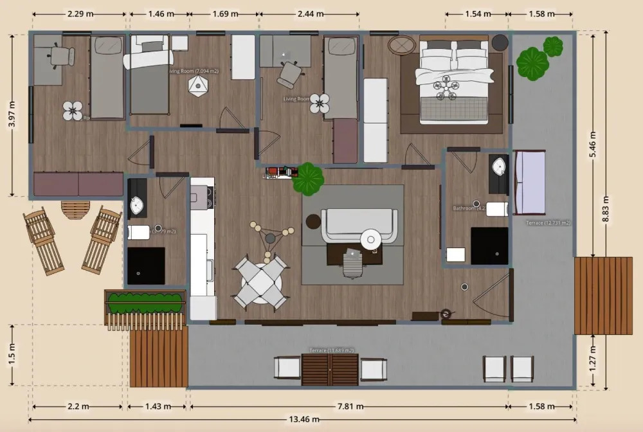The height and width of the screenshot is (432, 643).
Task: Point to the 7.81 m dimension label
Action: coord(348,406)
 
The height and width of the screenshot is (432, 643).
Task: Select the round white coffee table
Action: coord(371,239)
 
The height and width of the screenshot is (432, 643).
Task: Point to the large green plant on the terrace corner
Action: coord(532,64)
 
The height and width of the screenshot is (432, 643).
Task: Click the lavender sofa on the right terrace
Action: coord(530,183)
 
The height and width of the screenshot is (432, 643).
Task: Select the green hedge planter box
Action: coord(145,302)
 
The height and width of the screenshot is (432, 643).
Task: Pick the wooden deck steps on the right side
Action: coord(602,296)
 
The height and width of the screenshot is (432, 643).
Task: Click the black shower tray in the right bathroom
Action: coord(489,246)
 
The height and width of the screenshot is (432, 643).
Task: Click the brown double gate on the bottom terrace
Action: coord(330,369)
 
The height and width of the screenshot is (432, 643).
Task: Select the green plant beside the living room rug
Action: coord(307,178)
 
